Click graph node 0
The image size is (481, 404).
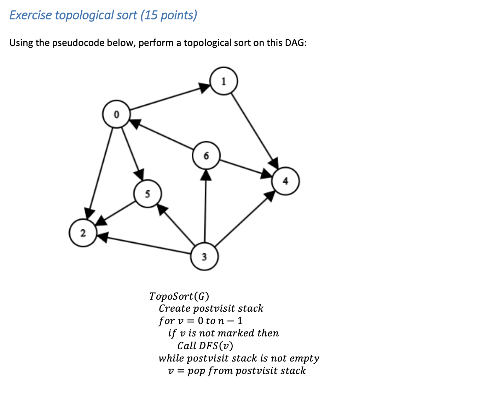[x=116, y=114]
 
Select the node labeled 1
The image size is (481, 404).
[x=224, y=81]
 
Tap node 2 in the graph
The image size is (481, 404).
[x=83, y=233]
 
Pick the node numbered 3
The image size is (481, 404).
[x=204, y=256]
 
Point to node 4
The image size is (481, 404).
[x=285, y=181]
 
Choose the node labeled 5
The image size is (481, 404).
[x=147, y=194]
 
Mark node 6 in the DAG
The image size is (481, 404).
[x=206, y=156]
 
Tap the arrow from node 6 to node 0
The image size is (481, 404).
[x=161, y=135]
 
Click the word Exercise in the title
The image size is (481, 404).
[x=31, y=15]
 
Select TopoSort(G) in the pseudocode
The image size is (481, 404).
[x=179, y=296]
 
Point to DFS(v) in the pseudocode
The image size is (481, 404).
[x=216, y=346]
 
